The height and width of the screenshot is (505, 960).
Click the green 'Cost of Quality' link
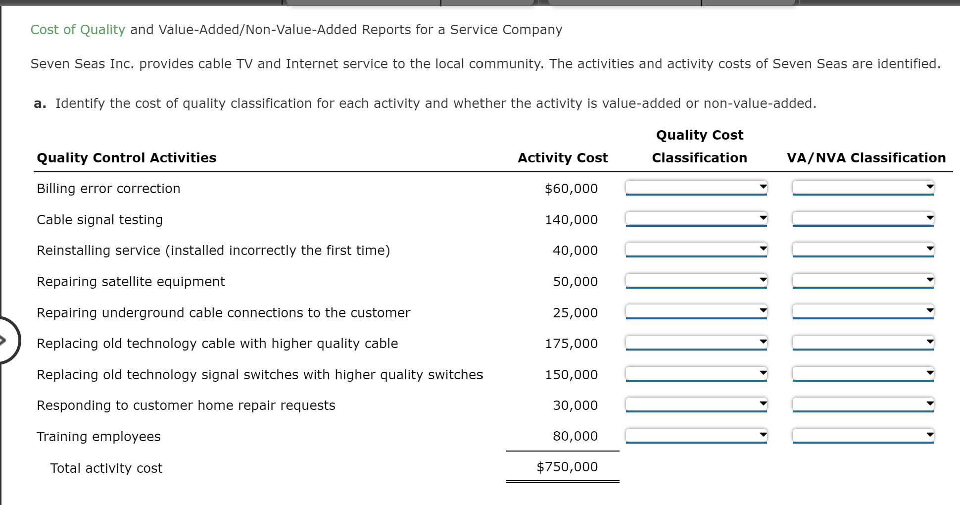78,30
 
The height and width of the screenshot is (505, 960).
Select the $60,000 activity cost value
571,189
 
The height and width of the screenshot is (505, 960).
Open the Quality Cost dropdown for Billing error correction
696,188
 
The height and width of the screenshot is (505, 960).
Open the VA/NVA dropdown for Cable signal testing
863,219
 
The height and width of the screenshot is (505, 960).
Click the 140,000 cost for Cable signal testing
572,220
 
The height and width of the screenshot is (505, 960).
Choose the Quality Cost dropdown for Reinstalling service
696,250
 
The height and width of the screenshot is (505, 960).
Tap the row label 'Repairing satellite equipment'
131,282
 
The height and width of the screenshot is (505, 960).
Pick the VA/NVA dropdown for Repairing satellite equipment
863,281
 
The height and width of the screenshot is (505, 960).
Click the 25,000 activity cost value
576,313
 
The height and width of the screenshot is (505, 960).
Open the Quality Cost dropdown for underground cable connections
696,312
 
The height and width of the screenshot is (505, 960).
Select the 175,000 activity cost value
572,344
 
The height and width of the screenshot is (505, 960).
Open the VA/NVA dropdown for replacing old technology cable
863,343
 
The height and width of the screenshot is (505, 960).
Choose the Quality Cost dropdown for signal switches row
696,374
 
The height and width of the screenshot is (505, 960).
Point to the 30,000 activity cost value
576,405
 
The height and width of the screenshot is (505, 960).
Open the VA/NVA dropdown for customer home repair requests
863,404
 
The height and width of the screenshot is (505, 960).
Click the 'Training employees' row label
98,437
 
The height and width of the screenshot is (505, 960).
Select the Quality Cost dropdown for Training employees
696,436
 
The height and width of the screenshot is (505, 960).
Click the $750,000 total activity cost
567,467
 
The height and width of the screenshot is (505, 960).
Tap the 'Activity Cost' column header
563,158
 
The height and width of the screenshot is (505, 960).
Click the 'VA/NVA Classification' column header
866,158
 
